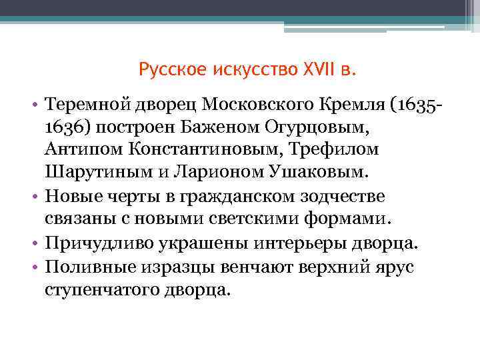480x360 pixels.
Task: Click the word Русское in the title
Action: click(x=172, y=69)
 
